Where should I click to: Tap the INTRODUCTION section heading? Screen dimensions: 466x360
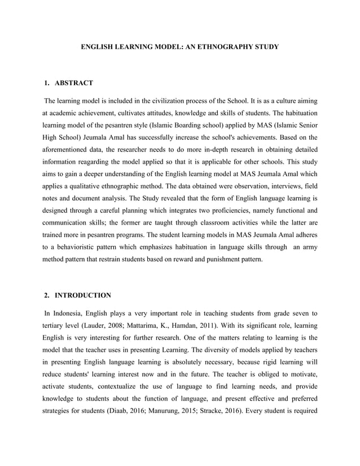pos(84,294)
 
